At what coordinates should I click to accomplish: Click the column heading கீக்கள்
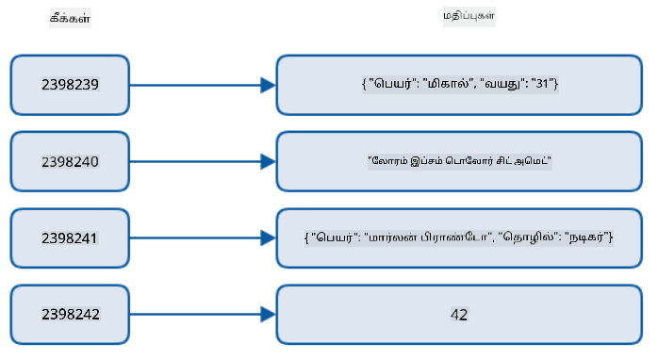click(x=70, y=18)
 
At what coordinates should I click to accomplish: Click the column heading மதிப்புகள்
click(x=469, y=16)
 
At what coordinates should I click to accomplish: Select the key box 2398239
click(x=70, y=85)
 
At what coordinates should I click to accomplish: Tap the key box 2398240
click(x=70, y=161)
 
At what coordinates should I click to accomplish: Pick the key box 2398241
click(x=70, y=238)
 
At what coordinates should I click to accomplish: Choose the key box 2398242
click(x=70, y=315)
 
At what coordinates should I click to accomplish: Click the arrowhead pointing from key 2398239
click(x=268, y=85)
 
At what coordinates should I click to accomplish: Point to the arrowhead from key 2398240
click(x=268, y=161)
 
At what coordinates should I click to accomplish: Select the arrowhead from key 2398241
click(x=268, y=237)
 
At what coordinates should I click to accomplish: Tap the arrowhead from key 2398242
click(x=268, y=314)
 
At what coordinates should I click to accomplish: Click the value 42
click(x=459, y=315)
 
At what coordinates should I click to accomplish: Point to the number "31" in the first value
click(x=543, y=84)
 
